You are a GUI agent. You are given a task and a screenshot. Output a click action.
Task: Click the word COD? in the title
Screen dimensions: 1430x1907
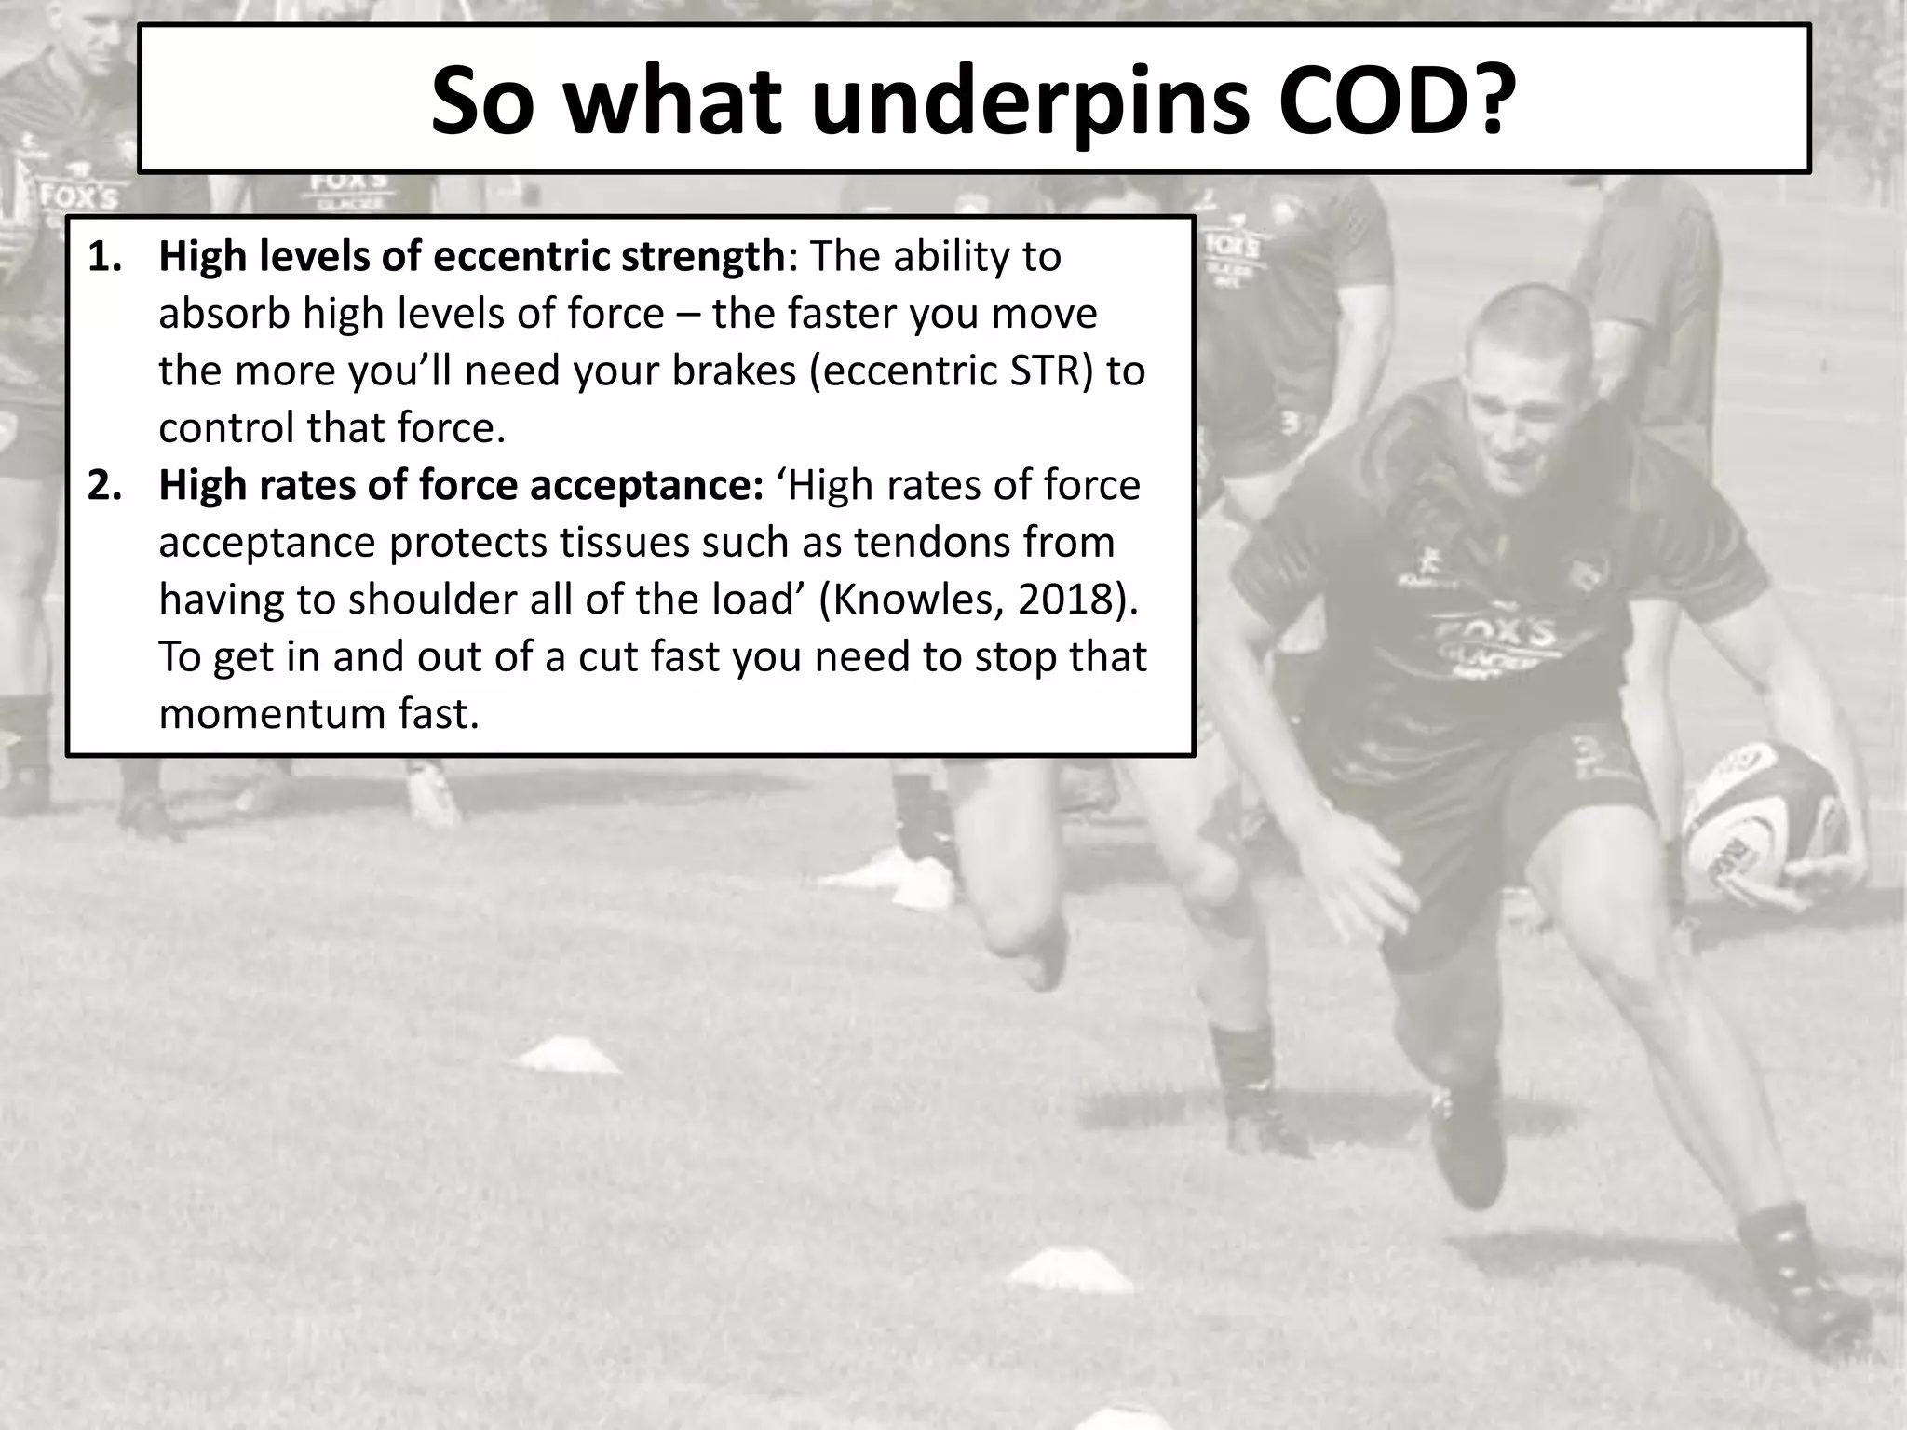click(x=1393, y=101)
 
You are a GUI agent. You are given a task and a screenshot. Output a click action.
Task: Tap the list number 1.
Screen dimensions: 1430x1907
click(x=104, y=257)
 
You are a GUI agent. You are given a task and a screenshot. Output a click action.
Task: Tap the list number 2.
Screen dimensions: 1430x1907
click(x=104, y=486)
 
